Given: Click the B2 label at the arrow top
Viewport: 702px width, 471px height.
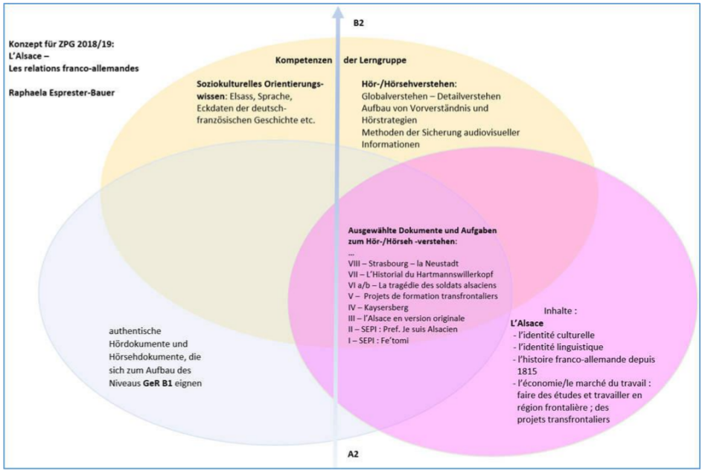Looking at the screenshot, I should [x=358, y=24].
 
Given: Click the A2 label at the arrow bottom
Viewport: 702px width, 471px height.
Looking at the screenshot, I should [x=354, y=452].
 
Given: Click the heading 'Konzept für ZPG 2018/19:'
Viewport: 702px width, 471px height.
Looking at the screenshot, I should [x=56, y=44].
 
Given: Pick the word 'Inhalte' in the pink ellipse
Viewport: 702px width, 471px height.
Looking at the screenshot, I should [x=556, y=310].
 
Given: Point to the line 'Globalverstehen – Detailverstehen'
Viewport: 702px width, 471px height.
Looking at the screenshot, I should [x=430, y=97].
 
